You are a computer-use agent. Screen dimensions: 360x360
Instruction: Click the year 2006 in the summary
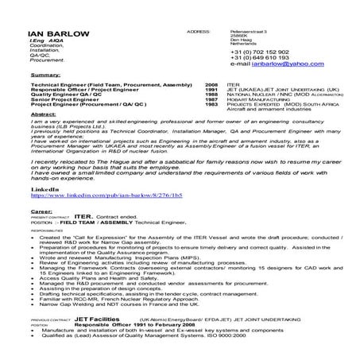211,83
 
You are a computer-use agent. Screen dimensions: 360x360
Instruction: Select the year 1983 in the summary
211,104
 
